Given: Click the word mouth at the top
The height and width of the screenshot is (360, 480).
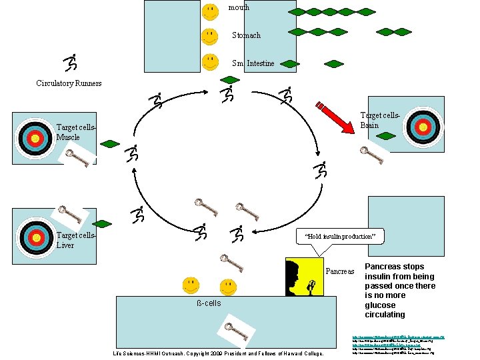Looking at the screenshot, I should pyautogui.click(x=239, y=7).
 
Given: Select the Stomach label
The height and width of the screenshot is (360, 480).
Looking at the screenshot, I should pyautogui.click(x=246, y=35).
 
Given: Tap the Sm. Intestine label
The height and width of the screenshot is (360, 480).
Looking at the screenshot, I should pyautogui.click(x=253, y=63).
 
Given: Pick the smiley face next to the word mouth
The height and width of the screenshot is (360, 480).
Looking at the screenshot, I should pyautogui.click(x=210, y=11).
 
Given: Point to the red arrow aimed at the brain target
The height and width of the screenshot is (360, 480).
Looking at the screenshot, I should pyautogui.click(x=340, y=119).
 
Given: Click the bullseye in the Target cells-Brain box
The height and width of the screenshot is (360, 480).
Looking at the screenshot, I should pyautogui.click(x=423, y=127).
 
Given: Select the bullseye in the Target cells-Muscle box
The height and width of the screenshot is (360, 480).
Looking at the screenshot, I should pyautogui.click(x=35, y=138).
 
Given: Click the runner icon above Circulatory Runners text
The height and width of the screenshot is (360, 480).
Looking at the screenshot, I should pyautogui.click(x=70, y=63).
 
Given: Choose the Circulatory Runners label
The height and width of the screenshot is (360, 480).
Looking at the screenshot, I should pyautogui.click(x=69, y=83).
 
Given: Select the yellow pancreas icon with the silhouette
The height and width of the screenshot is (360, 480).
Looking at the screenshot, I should pyautogui.click(x=304, y=276).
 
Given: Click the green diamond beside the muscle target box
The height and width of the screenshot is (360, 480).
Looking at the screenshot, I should pyautogui.click(x=110, y=143).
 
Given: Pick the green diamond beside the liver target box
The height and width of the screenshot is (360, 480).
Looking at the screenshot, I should pyautogui.click(x=102, y=223).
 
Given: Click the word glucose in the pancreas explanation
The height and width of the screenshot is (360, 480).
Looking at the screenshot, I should pyautogui.click(x=379, y=305).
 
